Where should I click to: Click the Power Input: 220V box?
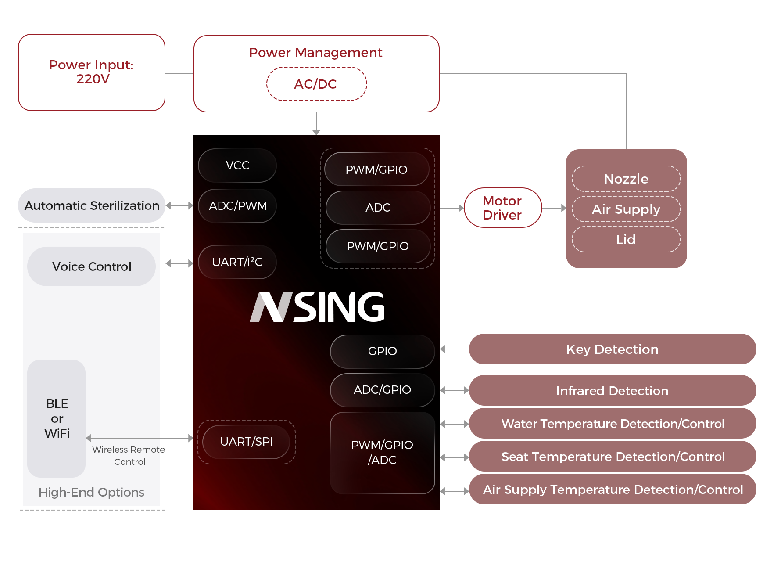pyautogui.click(x=92, y=72)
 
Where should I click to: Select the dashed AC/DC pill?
pyautogui.click(x=316, y=84)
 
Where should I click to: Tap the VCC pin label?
pyautogui.click(x=237, y=166)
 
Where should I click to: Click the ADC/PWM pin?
pyautogui.click(x=237, y=206)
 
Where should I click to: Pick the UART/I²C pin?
pyautogui.click(x=237, y=262)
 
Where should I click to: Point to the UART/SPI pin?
pyautogui.click(x=246, y=442)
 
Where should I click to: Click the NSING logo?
pyautogui.click(x=317, y=307)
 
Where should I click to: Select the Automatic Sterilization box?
pyautogui.click(x=92, y=205)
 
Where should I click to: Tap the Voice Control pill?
pyautogui.click(x=92, y=266)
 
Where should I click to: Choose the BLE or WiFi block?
pyautogui.click(x=57, y=418)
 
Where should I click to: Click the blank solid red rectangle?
pyautogui.click(x=503, y=208)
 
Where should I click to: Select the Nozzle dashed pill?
pyautogui.click(x=626, y=179)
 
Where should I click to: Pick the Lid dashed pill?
pyautogui.click(x=626, y=240)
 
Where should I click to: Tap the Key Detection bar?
pyautogui.click(x=612, y=349)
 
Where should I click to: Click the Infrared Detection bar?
pyautogui.click(x=612, y=391)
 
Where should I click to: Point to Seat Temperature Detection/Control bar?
pyautogui.click(x=612, y=457)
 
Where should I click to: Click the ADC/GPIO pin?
pyautogui.click(x=382, y=390)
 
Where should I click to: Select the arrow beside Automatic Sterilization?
pyautogui.click(x=179, y=205)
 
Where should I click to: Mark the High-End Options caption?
pyautogui.click(x=91, y=493)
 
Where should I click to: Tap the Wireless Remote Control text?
pyautogui.click(x=129, y=456)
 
